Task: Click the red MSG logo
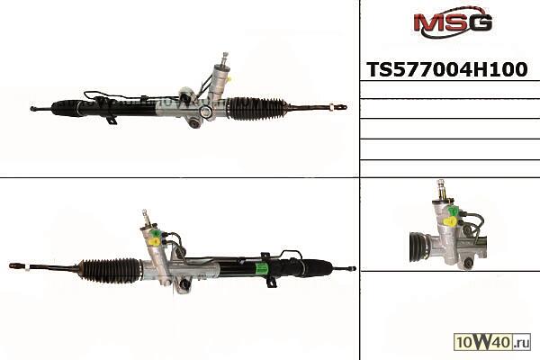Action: click(453, 22)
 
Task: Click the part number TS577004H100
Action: click(447, 69)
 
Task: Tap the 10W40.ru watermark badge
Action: click(492, 342)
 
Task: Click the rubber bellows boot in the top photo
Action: click(257, 109)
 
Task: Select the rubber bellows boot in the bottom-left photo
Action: click(110, 271)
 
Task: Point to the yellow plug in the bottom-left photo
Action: click(154, 242)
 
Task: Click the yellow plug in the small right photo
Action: click(450, 222)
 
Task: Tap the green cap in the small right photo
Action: click(454, 211)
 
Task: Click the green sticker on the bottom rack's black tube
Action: click(262, 268)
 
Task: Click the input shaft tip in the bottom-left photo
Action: click(144, 211)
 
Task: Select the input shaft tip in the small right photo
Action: click(440, 182)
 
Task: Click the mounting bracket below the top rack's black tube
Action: click(112, 120)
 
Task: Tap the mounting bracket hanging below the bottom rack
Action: click(272, 282)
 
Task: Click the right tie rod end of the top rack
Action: click(339, 107)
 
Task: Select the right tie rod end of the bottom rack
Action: click(351, 268)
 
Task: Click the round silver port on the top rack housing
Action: click(206, 111)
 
